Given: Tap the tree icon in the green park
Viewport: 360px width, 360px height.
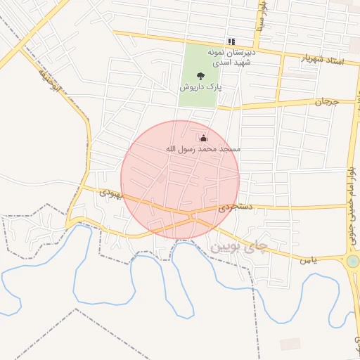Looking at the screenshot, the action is (201, 76).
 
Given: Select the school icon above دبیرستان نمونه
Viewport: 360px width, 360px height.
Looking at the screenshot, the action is (231, 41).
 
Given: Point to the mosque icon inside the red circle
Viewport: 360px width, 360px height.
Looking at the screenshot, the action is (204, 138).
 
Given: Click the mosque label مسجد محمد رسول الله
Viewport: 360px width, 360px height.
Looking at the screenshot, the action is (202, 149).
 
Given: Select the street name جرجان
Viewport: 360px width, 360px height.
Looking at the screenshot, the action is (326, 102).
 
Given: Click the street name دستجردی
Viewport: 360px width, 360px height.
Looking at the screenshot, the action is (235, 207).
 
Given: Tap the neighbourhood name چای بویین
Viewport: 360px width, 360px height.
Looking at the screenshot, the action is (239, 247).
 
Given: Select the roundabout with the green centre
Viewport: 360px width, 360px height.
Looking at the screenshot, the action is (353, 262).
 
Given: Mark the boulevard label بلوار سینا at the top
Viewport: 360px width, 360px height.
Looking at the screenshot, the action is (261, 15).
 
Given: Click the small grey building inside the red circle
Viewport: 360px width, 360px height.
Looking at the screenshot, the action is (162, 180).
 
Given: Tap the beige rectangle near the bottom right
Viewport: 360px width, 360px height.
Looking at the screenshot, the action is (290, 344).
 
